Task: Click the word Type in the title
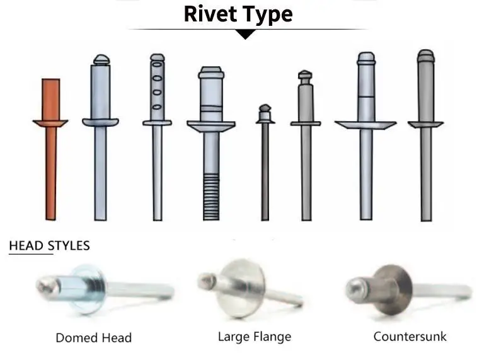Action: pyautogui.click(x=268, y=14)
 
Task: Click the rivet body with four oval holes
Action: pyautogui.click(x=157, y=88)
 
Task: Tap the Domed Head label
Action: pyautogui.click(x=94, y=337)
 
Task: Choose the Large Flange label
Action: pyautogui.click(x=255, y=336)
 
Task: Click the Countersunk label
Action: pyautogui.click(x=410, y=336)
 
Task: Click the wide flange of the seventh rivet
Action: pyautogui.click(x=366, y=125)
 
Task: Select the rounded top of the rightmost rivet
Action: pyautogui.click(x=426, y=55)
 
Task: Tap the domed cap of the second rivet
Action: pyautogui.click(x=101, y=61)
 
